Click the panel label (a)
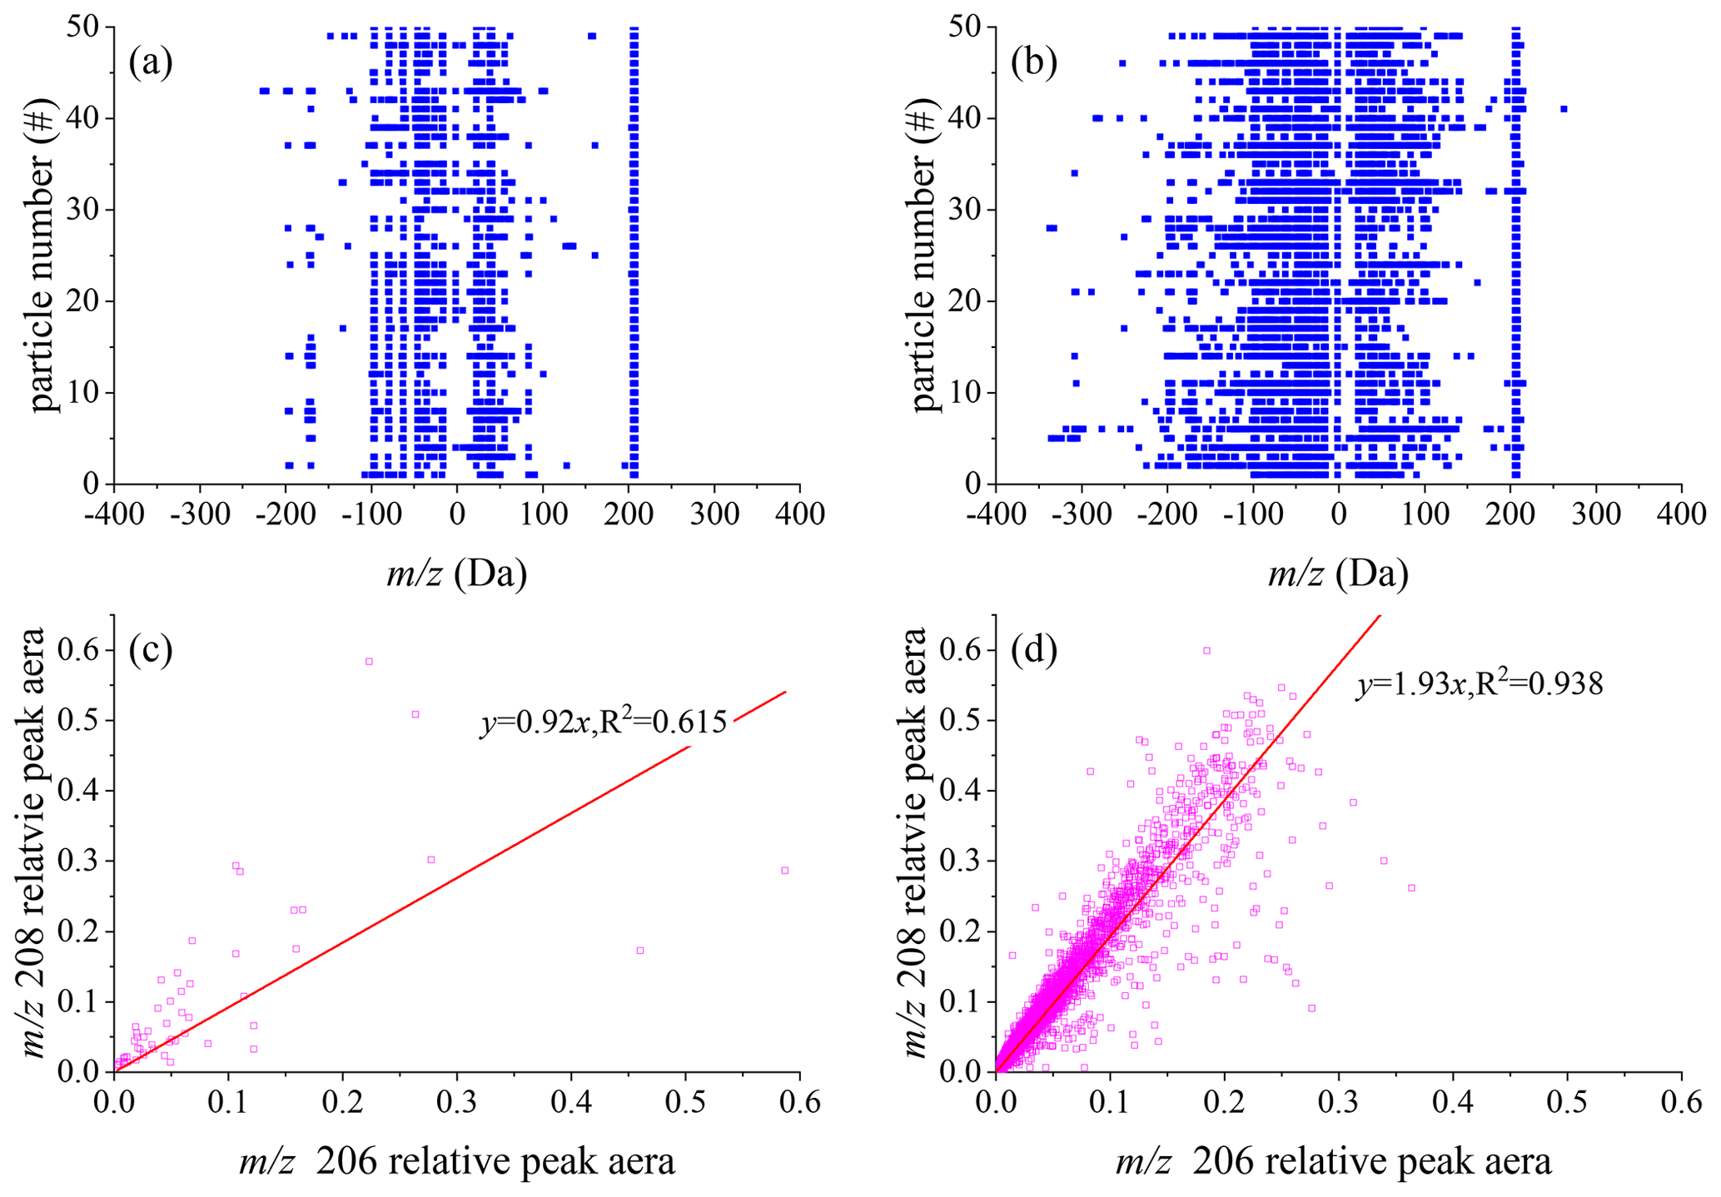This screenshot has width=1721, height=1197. click(151, 62)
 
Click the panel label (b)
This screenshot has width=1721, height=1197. click(1033, 62)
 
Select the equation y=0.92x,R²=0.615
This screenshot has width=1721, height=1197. click(604, 722)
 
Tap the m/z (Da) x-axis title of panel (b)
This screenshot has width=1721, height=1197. click(1338, 574)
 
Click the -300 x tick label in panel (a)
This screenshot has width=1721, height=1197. click(200, 514)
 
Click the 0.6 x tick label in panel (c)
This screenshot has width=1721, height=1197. click(799, 1103)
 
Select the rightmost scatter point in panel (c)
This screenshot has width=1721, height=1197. click(784, 871)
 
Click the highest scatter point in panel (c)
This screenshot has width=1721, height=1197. click(369, 662)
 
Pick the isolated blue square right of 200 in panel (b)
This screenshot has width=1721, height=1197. click(1564, 109)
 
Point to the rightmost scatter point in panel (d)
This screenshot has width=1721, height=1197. click(1411, 888)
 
